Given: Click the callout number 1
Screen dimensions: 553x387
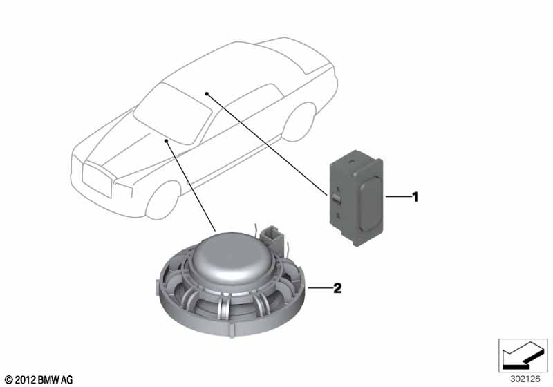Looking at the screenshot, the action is click(x=415, y=197).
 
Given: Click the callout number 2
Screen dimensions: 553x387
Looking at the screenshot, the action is click(x=337, y=288).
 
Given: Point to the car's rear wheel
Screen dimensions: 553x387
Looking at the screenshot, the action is click(x=300, y=122).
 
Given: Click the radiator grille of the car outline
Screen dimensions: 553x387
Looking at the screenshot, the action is click(x=96, y=180).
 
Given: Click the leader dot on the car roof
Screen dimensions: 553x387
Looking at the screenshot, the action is click(x=207, y=93).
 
